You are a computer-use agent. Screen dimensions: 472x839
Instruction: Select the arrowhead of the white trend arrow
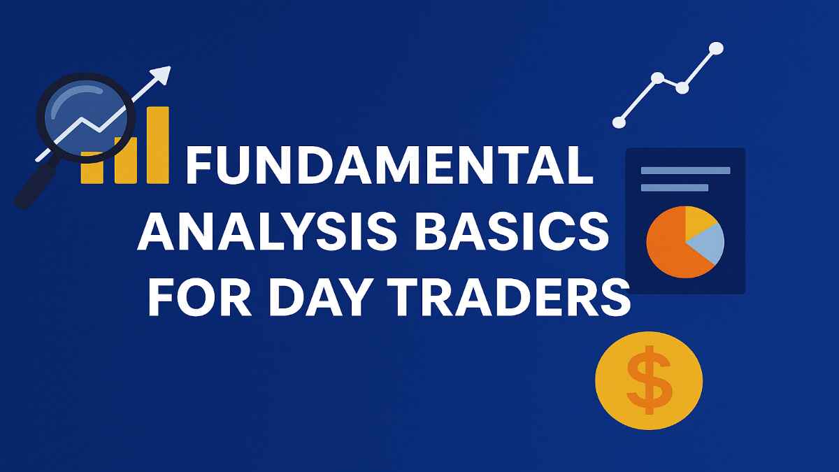pyautogui.click(x=163, y=73)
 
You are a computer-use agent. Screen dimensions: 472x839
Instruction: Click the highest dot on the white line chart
pyautogui.click(x=715, y=48)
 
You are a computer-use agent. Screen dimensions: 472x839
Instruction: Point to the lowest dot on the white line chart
pyautogui.click(x=619, y=122)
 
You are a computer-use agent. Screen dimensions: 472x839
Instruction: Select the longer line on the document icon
pyautogui.click(x=685, y=171)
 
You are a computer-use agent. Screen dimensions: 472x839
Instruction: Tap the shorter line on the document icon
pyautogui.click(x=674, y=187)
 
